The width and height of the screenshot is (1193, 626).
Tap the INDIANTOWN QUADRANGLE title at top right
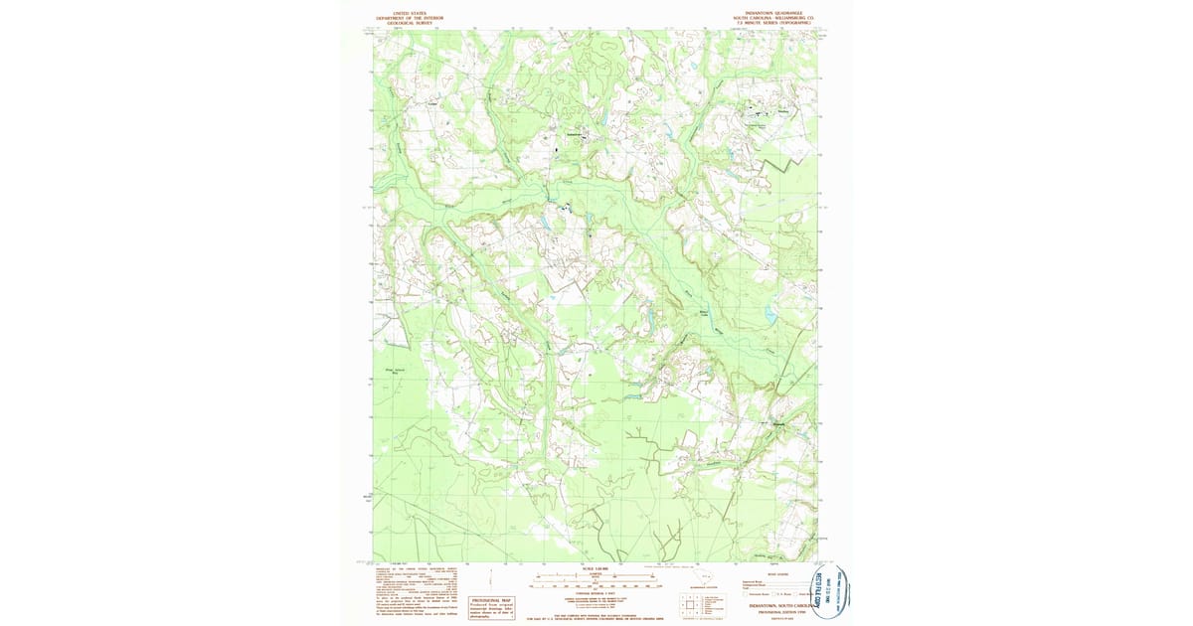(x=772, y=13)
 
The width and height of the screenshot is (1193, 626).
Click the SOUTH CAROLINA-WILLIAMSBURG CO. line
(x=772, y=18)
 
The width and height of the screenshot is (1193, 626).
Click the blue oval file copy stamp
(x=830, y=593)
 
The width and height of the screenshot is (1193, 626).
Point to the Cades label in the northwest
(x=431, y=102)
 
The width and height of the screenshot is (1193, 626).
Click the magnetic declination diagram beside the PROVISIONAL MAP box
(x=454, y=604)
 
